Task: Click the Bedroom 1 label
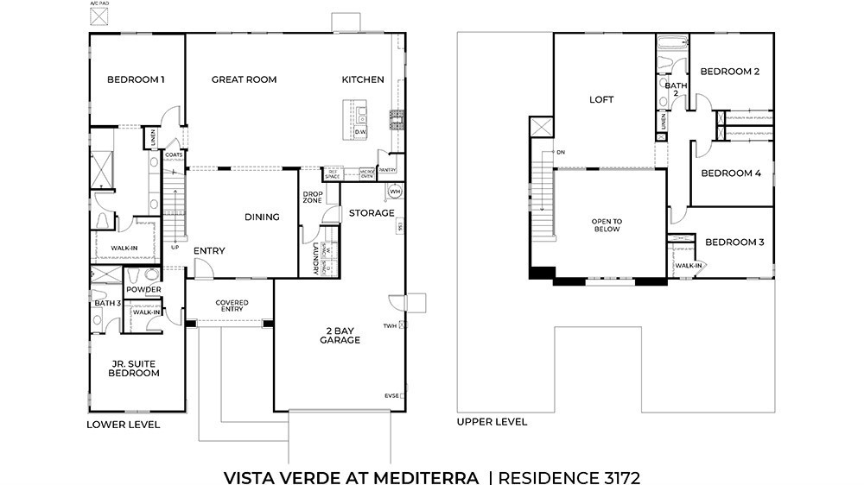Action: pyautogui.click(x=136, y=80)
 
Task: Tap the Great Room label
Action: pyautogui.click(x=244, y=80)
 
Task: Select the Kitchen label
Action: pyautogui.click(x=363, y=80)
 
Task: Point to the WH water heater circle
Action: pyautogui.click(x=395, y=191)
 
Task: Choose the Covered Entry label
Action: pyautogui.click(x=232, y=306)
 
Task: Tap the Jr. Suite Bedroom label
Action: pyautogui.click(x=134, y=368)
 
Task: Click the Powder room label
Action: pyautogui.click(x=143, y=290)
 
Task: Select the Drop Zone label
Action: pyautogui.click(x=312, y=196)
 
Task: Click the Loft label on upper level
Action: pyautogui.click(x=601, y=100)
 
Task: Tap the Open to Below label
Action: pyautogui.click(x=607, y=226)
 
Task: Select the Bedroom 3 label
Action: pyautogui.click(x=735, y=243)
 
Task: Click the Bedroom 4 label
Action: pyautogui.click(x=731, y=173)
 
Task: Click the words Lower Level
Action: pyautogui.click(x=123, y=425)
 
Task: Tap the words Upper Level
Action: pyautogui.click(x=492, y=422)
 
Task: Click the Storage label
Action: pyautogui.click(x=372, y=213)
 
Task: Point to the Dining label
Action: pyautogui.click(x=262, y=217)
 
